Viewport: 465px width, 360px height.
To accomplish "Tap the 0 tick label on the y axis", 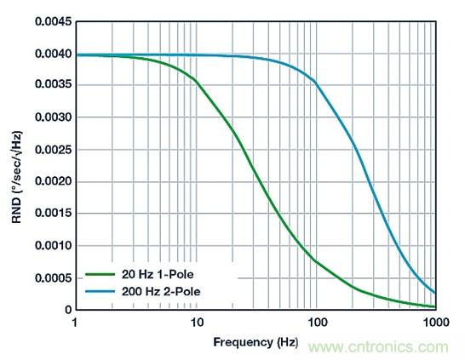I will pyautogui.click(x=66, y=310).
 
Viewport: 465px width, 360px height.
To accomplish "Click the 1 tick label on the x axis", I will pyautogui.click(x=76, y=323).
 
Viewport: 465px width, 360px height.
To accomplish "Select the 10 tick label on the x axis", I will pyautogui.click(x=196, y=323).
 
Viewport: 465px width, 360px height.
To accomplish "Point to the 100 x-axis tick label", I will pyautogui.click(x=316, y=323).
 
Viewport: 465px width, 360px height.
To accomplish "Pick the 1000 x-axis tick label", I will pyautogui.click(x=434, y=323).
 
